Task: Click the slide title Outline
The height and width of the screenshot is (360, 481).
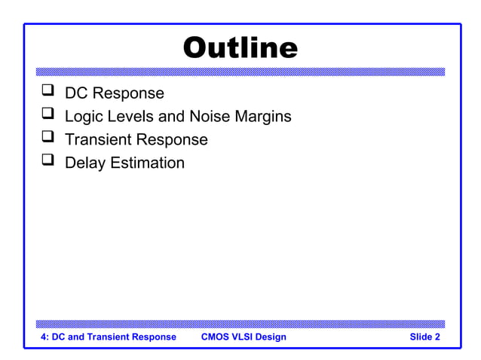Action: pyautogui.click(x=240, y=48)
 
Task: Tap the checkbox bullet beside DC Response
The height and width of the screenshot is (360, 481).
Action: pyautogui.click(x=48, y=93)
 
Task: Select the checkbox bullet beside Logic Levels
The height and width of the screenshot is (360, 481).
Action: pyautogui.click(x=48, y=116)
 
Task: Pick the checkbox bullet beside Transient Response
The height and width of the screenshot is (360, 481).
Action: pyautogui.click(x=48, y=139)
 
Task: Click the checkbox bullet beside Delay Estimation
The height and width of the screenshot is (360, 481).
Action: pyautogui.click(x=48, y=162)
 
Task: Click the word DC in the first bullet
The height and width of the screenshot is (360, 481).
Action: pyautogui.click(x=76, y=93)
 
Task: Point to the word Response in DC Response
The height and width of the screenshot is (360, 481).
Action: pyautogui.click(x=127, y=93)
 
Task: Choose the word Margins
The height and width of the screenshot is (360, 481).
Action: pyautogui.click(x=262, y=117)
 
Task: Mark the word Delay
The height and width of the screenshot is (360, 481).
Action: pyautogui.click(x=85, y=163)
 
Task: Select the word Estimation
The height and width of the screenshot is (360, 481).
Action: pyautogui.click(x=147, y=163)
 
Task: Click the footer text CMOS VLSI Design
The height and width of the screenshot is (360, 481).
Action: pyautogui.click(x=244, y=337)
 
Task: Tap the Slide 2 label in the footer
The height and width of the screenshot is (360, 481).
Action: pyautogui.click(x=424, y=337)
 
